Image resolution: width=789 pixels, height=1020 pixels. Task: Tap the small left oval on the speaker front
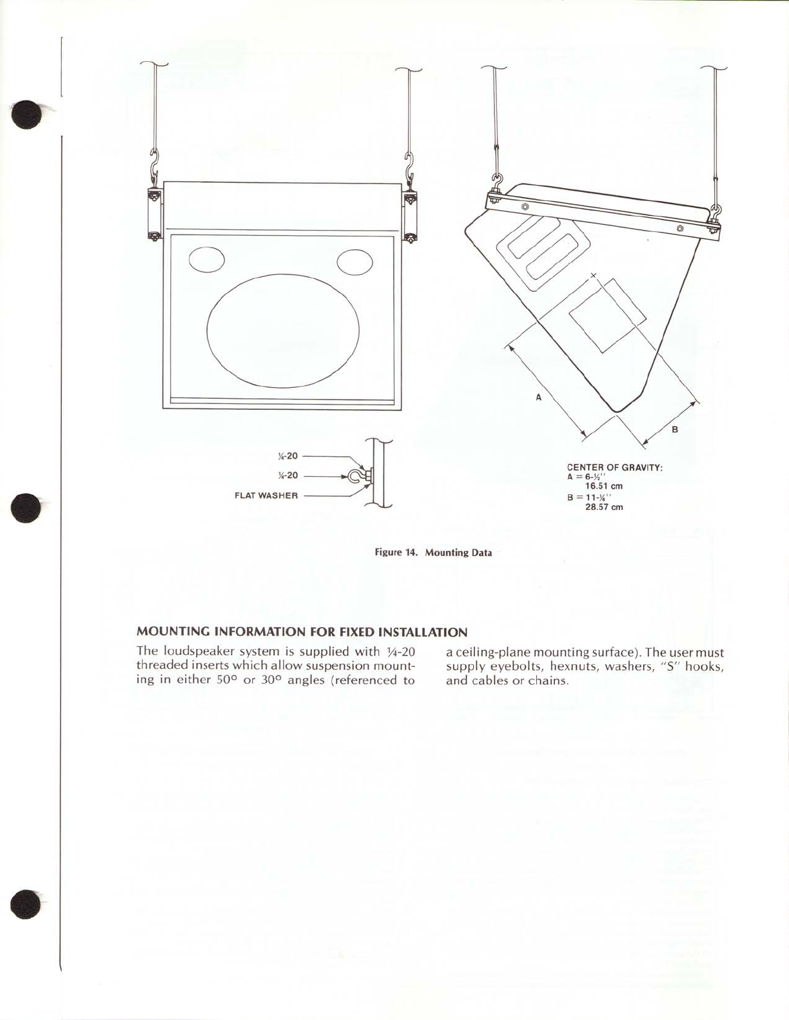206,260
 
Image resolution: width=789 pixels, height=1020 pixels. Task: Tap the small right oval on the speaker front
355,262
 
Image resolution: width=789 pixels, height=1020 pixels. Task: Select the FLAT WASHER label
266,496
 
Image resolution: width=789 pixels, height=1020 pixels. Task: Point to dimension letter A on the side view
539,398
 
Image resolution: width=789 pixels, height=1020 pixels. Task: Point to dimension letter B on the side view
675,429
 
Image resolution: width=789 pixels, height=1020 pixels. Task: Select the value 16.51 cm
603,486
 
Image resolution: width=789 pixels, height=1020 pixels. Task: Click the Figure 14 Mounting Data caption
433,553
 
